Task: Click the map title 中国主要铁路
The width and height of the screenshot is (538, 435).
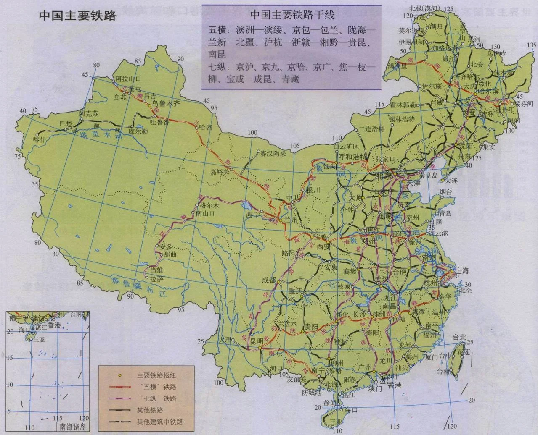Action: (77, 16)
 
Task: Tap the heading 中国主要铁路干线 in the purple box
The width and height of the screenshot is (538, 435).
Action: (292, 15)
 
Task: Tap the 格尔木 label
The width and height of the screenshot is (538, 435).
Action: (209, 206)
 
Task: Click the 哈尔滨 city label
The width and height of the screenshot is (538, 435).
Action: (488, 91)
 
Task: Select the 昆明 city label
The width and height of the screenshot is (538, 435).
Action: (257, 341)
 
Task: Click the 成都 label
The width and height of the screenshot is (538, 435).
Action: (270, 280)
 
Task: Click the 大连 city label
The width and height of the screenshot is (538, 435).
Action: (452, 180)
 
